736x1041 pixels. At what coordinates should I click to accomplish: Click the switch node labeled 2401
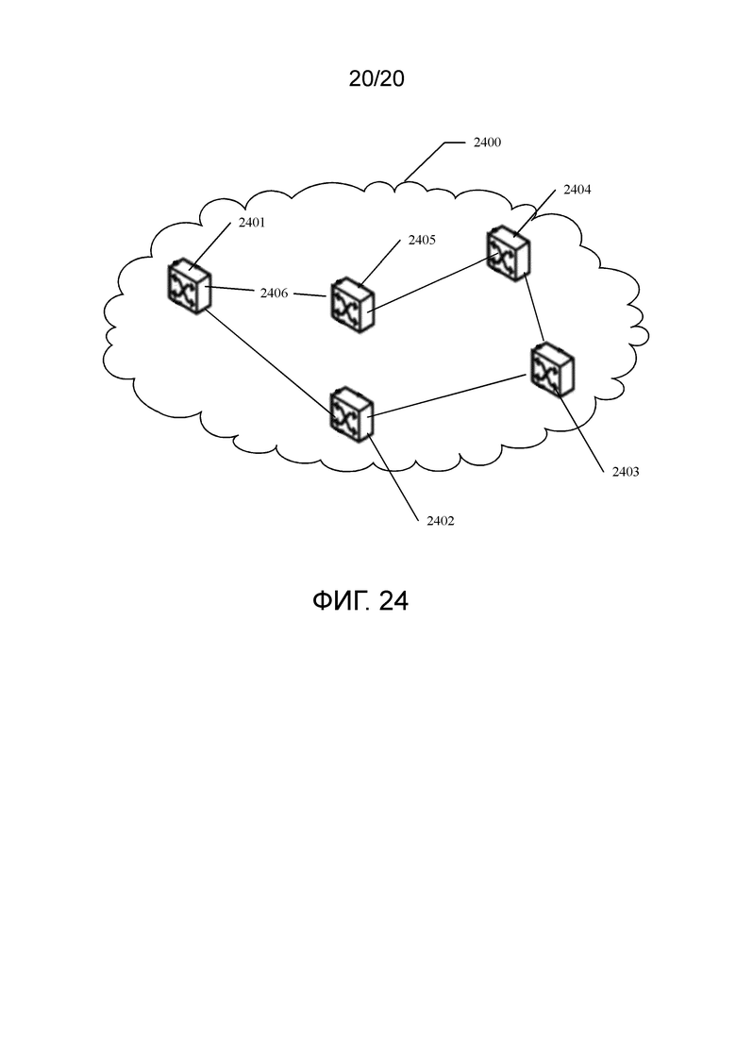[x=189, y=286]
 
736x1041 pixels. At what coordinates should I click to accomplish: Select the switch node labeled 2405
[x=352, y=306]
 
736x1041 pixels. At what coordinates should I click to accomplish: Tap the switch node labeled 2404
[x=509, y=254]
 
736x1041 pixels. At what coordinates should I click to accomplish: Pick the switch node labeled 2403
[x=552, y=370]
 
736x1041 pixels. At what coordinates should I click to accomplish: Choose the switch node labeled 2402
[x=352, y=414]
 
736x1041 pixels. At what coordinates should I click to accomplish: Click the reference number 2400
[x=487, y=143]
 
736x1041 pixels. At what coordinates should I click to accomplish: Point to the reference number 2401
[x=252, y=223]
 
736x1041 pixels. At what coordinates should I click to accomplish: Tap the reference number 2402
[x=441, y=521]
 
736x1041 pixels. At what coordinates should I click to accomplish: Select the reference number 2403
[x=626, y=472]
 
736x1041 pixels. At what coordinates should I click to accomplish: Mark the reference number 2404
[x=577, y=190]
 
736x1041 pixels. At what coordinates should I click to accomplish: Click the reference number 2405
[x=422, y=241]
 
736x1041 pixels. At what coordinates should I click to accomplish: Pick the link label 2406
[x=274, y=293]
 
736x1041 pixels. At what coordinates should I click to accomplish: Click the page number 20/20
[x=376, y=79]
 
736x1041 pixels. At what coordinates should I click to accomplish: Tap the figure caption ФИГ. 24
[x=360, y=601]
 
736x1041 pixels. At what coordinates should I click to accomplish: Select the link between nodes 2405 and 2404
[x=434, y=283]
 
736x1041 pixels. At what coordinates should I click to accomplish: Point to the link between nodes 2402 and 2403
[x=450, y=395]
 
